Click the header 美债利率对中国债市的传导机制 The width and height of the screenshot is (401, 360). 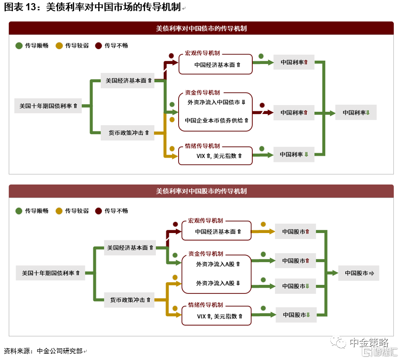point(201,29)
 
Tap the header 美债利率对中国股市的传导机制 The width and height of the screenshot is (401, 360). point(201,191)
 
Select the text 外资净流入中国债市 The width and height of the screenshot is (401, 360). point(213,102)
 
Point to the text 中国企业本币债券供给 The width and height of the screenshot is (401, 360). point(214,120)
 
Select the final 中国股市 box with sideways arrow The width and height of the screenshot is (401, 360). point(359,273)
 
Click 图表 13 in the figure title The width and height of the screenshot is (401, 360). point(20,7)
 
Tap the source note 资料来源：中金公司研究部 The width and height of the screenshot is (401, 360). point(43,351)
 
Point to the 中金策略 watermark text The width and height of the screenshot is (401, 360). point(369,342)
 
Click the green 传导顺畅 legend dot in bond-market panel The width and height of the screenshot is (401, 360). point(19,46)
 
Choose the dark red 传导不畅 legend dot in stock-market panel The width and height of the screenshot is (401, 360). point(98,211)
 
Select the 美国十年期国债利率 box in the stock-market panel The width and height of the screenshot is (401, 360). point(50,273)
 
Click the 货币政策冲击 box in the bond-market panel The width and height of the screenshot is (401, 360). point(127,133)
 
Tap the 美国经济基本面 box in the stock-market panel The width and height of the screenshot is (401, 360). point(130,248)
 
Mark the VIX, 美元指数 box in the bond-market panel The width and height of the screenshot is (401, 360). point(215,156)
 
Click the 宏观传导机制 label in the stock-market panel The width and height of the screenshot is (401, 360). point(205,220)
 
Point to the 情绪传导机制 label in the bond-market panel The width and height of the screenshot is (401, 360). point(202,146)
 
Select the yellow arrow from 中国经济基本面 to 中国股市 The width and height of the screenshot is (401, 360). point(263,232)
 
